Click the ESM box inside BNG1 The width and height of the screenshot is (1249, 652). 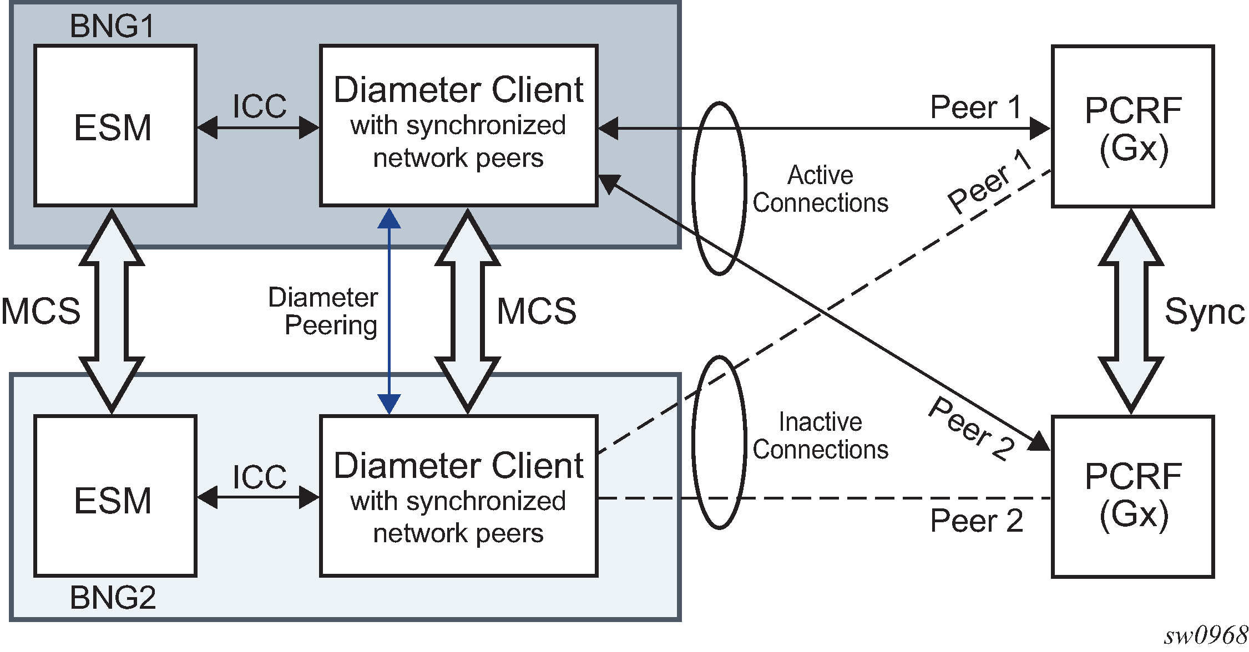click(x=115, y=126)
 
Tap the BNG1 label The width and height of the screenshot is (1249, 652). click(x=112, y=26)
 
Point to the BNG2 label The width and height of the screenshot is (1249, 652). click(x=113, y=598)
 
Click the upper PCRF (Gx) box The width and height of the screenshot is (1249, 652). click(x=1132, y=127)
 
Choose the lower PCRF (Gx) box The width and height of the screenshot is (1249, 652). click(x=1132, y=496)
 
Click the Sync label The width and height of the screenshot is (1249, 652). click(x=1205, y=312)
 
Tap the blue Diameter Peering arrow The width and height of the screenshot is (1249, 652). click(x=389, y=310)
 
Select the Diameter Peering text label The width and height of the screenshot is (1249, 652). click(x=324, y=311)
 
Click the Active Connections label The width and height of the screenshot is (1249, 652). click(x=820, y=189)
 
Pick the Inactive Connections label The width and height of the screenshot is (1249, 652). click(x=820, y=436)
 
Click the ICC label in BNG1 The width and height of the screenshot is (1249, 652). click(x=259, y=106)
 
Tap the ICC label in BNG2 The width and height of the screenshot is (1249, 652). click(x=259, y=477)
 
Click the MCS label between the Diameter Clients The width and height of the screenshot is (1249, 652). click(x=537, y=311)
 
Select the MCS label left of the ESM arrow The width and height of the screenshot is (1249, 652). click(x=41, y=311)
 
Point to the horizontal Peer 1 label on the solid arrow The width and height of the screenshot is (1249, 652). click(x=976, y=107)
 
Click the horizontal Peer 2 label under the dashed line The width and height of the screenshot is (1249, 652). click(x=977, y=521)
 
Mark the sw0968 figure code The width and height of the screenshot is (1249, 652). click(x=1206, y=635)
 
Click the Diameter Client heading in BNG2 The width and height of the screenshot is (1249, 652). click(x=458, y=465)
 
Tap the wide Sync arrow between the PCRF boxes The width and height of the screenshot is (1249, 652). click(x=1131, y=311)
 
